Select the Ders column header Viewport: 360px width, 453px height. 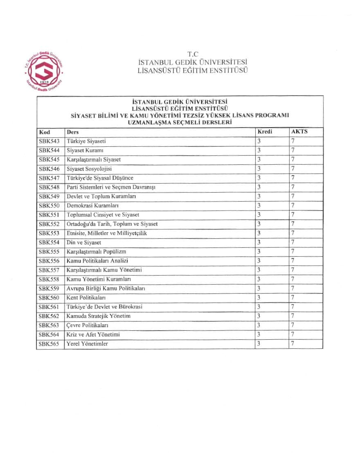coord(72,132)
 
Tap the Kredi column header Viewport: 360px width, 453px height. coord(265,132)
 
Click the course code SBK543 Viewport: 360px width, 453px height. coord(49,141)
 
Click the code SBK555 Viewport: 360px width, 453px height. coord(49,251)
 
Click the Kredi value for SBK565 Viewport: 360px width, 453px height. coord(259,343)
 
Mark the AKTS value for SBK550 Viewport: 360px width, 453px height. coord(293,205)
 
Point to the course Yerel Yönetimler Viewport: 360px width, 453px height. coord(87,344)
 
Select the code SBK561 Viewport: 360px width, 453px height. coord(49,307)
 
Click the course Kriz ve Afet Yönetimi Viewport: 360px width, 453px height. coord(93,334)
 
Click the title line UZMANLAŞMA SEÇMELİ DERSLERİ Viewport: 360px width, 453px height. coord(180,122)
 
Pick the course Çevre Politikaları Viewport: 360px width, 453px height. coord(87,325)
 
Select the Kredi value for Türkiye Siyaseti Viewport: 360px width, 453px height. coord(259,141)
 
